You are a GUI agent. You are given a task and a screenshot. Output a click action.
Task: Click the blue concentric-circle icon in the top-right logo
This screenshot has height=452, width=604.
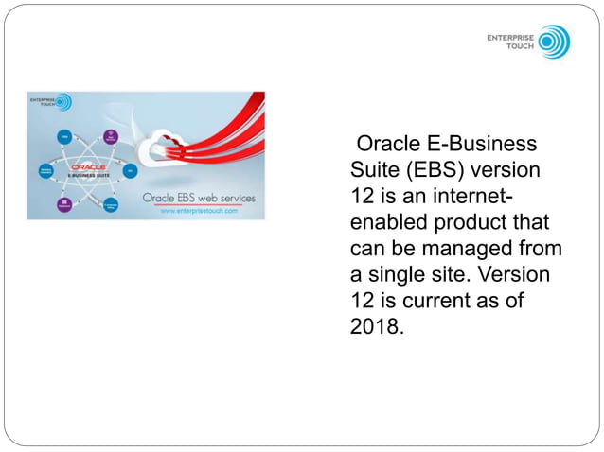click(554, 42)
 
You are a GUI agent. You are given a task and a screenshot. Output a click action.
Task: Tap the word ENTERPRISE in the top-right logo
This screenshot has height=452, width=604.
click(510, 38)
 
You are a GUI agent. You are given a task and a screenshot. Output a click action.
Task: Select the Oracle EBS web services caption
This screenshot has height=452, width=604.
click(198, 199)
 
